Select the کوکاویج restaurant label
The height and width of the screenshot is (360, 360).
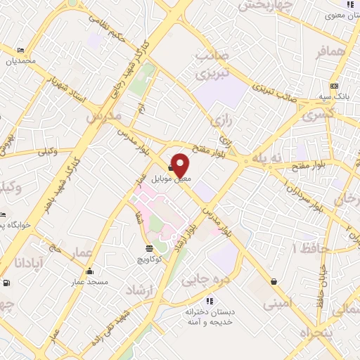tap(150, 259)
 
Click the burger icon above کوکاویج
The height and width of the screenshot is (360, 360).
tap(150, 248)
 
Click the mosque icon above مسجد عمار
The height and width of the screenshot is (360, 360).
tap(90, 271)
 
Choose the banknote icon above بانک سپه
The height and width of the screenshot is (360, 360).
tap(334, 85)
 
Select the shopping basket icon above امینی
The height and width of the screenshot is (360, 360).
tap(273, 282)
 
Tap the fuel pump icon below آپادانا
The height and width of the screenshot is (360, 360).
tap(6, 283)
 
